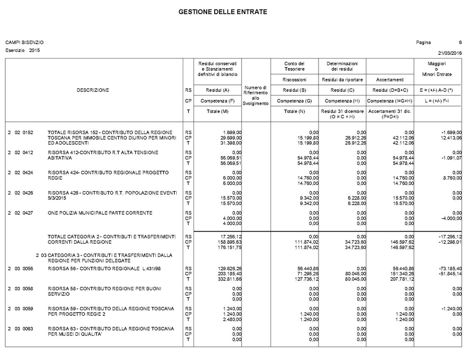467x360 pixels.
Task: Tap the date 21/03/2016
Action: point(450,52)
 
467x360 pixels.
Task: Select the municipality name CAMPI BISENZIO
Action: point(24,43)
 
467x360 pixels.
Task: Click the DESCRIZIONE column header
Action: point(93,90)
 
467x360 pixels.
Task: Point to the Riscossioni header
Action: point(295,80)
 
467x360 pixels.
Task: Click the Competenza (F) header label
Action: point(218,101)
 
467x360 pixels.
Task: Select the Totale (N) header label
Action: point(295,111)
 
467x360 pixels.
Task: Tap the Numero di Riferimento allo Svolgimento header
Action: point(256,95)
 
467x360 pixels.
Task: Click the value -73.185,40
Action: point(450,269)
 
